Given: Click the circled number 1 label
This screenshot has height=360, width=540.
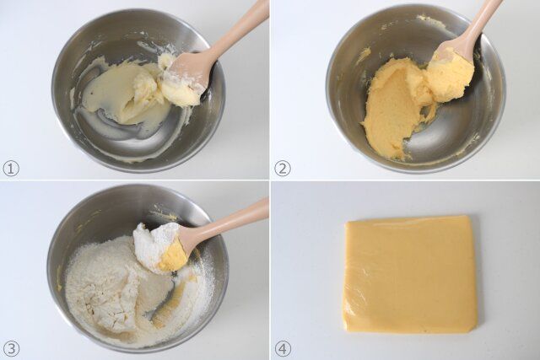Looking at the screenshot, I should pyautogui.click(x=10, y=168).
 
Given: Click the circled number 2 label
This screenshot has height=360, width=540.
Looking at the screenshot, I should pyautogui.click(x=283, y=168).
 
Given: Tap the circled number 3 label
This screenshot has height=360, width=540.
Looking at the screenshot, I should pyautogui.click(x=10, y=348).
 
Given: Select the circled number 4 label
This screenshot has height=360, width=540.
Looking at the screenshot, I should pyautogui.click(x=283, y=348).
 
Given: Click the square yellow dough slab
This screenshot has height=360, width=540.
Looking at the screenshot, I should pyautogui.click(x=410, y=274).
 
